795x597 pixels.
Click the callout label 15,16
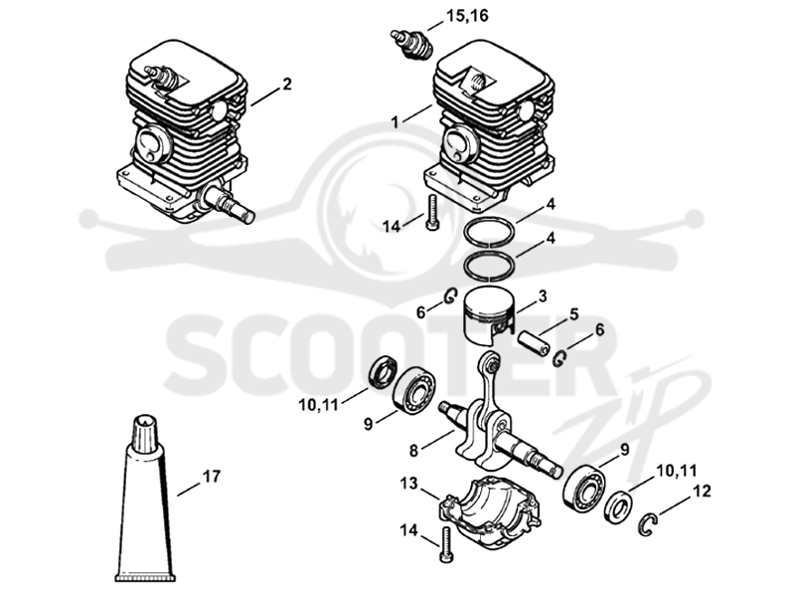click(467, 16)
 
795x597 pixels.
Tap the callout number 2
click(287, 85)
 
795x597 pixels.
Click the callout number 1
click(395, 122)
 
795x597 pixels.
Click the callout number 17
click(212, 477)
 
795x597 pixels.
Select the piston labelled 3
click(489, 314)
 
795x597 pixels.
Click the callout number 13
click(408, 483)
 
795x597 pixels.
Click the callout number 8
click(413, 450)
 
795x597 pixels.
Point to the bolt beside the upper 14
click(432, 213)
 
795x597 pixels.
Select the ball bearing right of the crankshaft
click(584, 489)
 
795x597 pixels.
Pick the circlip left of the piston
click(450, 296)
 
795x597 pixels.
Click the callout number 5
click(573, 314)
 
